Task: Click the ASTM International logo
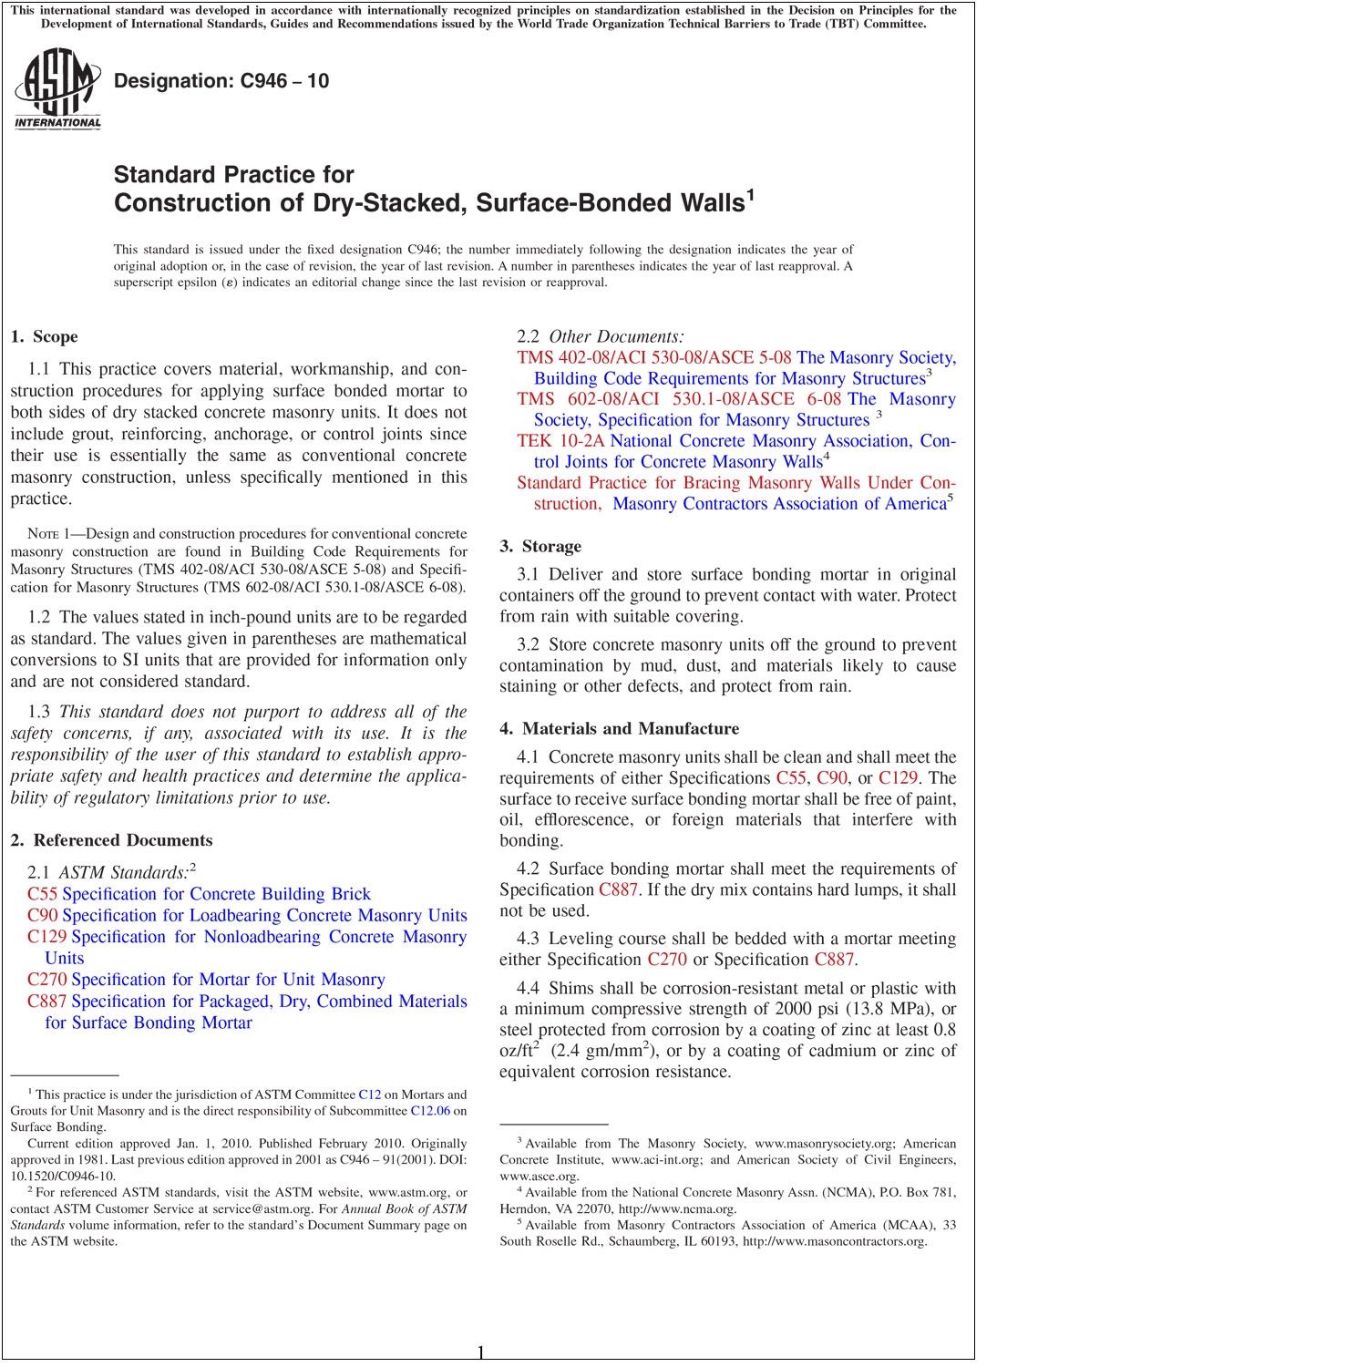[x=57, y=90]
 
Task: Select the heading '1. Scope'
[x=44, y=337]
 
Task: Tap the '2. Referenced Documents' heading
[x=111, y=840]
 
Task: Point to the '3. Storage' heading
[x=540, y=547]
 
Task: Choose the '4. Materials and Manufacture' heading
[x=619, y=729]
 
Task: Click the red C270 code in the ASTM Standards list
[x=46, y=980]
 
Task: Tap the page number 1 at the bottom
[x=481, y=1352]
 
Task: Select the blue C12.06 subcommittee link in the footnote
[x=430, y=1111]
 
